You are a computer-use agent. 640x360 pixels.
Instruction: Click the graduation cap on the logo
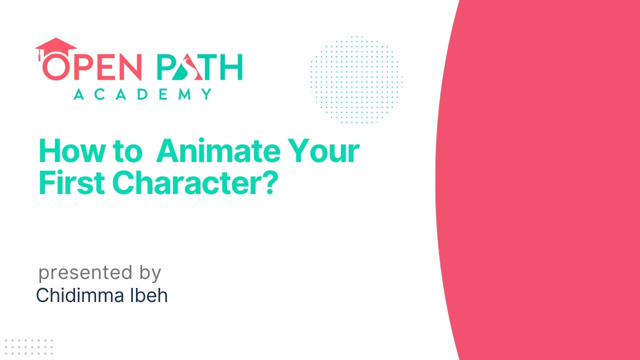click(55, 46)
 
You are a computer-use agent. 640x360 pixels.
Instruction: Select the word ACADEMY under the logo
click(142, 94)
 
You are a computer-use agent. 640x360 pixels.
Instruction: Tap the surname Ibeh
click(149, 295)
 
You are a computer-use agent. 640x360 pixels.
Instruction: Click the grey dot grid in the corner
click(28, 346)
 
